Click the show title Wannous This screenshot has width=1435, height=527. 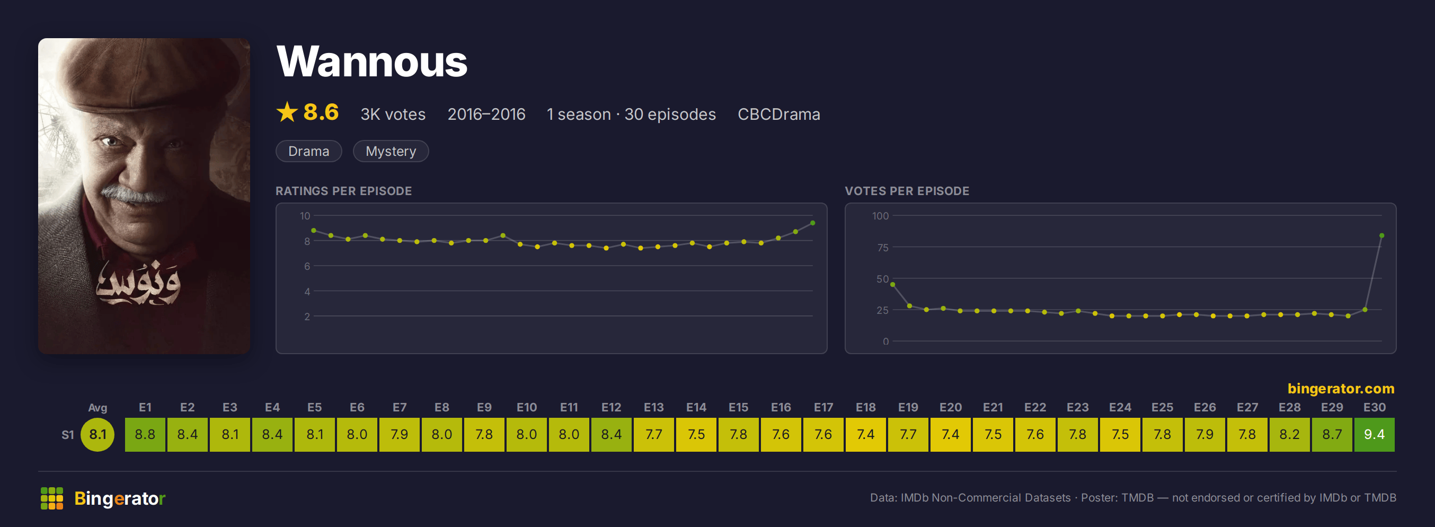click(371, 62)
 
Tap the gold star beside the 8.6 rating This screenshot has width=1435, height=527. click(287, 112)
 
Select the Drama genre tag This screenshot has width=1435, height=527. click(308, 151)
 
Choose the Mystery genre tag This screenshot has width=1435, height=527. click(391, 151)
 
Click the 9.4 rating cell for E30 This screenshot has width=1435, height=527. click(1374, 435)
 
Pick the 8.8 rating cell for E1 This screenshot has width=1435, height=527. click(145, 435)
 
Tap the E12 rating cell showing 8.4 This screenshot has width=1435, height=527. click(611, 435)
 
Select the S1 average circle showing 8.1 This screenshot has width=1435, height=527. click(98, 435)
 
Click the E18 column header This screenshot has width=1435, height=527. click(866, 407)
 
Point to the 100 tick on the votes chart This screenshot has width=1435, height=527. click(880, 216)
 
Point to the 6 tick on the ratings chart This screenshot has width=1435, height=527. click(307, 266)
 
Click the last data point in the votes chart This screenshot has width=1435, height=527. click(1381, 235)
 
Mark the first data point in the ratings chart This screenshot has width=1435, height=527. click(314, 230)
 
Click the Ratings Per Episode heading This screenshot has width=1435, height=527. click(344, 191)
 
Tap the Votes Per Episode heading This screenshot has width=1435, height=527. click(907, 191)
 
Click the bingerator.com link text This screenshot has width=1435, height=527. click(1341, 388)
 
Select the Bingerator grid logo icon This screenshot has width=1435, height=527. click(52, 498)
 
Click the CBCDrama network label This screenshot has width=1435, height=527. click(779, 114)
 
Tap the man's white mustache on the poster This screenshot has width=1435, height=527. click(134, 195)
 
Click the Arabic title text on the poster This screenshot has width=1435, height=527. click(138, 283)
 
